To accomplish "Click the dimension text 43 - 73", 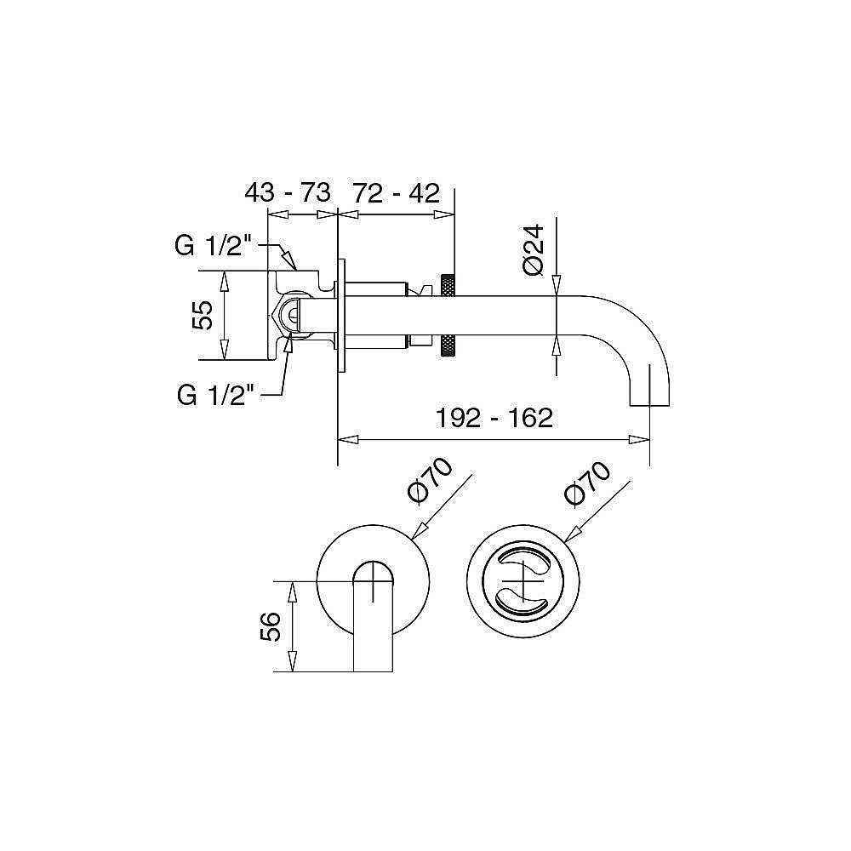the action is (287, 192).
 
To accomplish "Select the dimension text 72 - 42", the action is (397, 193).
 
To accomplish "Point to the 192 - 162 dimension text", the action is (494, 418).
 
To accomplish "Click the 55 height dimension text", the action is (203, 315).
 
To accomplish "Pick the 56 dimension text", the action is (271, 626).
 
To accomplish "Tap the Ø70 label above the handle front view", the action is (587, 483).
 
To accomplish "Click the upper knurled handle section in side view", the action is (448, 286).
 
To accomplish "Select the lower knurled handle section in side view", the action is (448, 346).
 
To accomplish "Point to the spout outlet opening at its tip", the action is (649, 405).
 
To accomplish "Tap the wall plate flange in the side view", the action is (341, 315).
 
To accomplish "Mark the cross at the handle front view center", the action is (523, 581).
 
